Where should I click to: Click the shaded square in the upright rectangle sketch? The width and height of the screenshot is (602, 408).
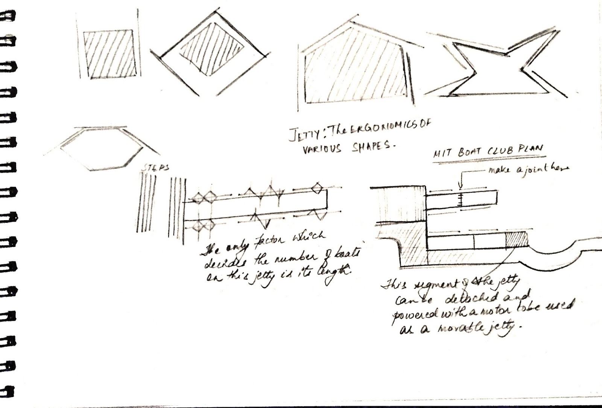tap(109, 54)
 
